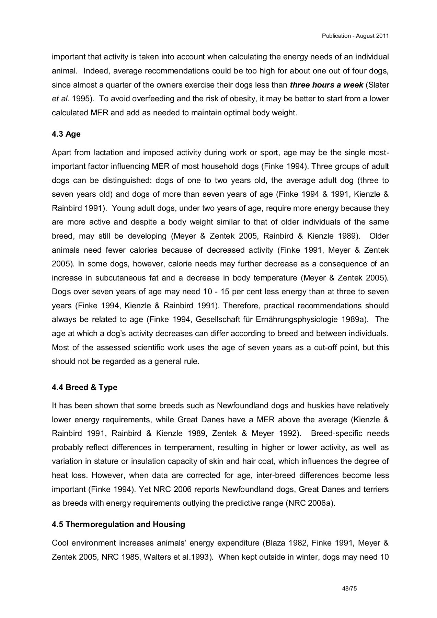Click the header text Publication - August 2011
pos(355,36)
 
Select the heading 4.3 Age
pos(66,134)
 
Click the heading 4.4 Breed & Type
pos(84,387)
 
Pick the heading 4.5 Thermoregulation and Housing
pos(118,524)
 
